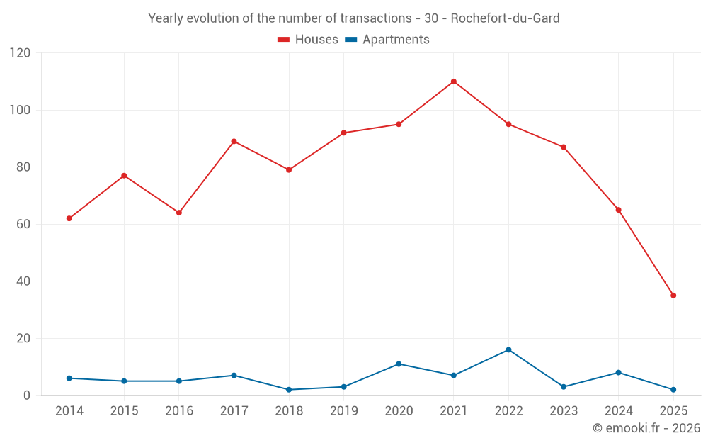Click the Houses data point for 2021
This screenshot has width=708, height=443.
click(x=454, y=82)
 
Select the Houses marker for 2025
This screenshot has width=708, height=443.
click(x=673, y=296)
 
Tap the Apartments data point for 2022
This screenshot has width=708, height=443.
click(x=508, y=349)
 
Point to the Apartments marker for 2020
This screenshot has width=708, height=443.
click(x=399, y=364)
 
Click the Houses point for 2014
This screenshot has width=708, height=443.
click(x=69, y=218)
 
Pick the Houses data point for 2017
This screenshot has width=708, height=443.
click(x=234, y=141)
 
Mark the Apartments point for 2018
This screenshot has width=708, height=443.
click(x=289, y=390)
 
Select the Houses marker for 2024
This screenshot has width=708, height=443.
click(x=619, y=210)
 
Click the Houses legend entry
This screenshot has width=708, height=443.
click(x=308, y=40)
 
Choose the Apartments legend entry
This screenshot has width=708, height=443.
click(x=387, y=40)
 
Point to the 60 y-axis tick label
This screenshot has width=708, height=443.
click(x=23, y=224)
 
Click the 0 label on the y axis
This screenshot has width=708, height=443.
click(x=27, y=396)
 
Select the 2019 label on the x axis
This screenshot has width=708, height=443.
click(x=344, y=411)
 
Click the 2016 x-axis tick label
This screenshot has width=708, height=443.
click(x=179, y=411)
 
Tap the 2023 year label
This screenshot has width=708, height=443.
click(x=564, y=411)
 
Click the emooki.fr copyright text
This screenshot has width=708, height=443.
click(x=646, y=428)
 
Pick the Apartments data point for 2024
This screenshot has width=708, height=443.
click(x=619, y=373)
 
